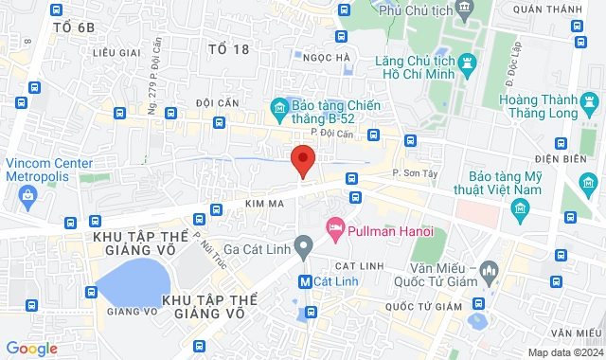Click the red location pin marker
click(302, 160)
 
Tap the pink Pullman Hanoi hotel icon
click(333, 228)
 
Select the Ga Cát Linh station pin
click(303, 247)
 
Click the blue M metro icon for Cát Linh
click(305, 280)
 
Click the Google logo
click(31, 349)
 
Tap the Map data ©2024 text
click(564, 352)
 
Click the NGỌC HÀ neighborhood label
click(329, 57)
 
